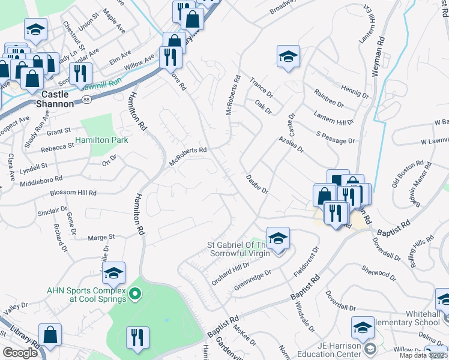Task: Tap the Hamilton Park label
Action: click(101, 140)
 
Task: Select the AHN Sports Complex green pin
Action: click(135, 294)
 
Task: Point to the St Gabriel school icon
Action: click(278, 239)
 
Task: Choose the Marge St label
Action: click(101, 238)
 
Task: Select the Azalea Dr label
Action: click(291, 144)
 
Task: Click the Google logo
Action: click(20, 353)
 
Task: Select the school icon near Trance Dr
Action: click(288, 57)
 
